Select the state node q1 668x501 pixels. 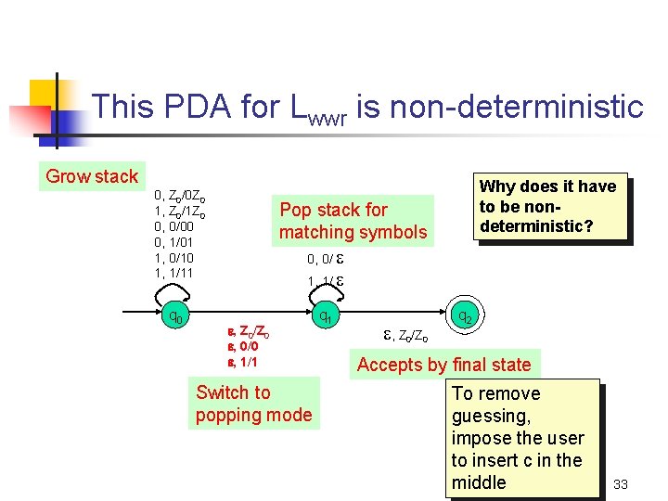pyautogui.click(x=326, y=316)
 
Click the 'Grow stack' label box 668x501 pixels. pyautogui.click(x=92, y=176)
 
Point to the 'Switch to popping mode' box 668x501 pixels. pyautogui.click(x=253, y=404)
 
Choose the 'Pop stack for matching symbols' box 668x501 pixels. pyautogui.click(x=353, y=221)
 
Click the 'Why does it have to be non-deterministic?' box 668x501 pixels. pyautogui.click(x=546, y=207)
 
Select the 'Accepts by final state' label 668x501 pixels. pyautogui.click(x=443, y=365)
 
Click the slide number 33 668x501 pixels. pyautogui.click(x=621, y=483)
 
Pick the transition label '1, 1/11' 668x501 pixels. pyautogui.click(x=174, y=273)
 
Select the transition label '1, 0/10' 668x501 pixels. pyautogui.click(x=174, y=258)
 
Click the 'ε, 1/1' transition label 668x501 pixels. pyautogui.click(x=243, y=361)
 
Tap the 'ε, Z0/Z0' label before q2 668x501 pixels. pyautogui.click(x=406, y=335)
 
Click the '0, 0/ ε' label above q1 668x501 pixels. pyautogui.click(x=326, y=259)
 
